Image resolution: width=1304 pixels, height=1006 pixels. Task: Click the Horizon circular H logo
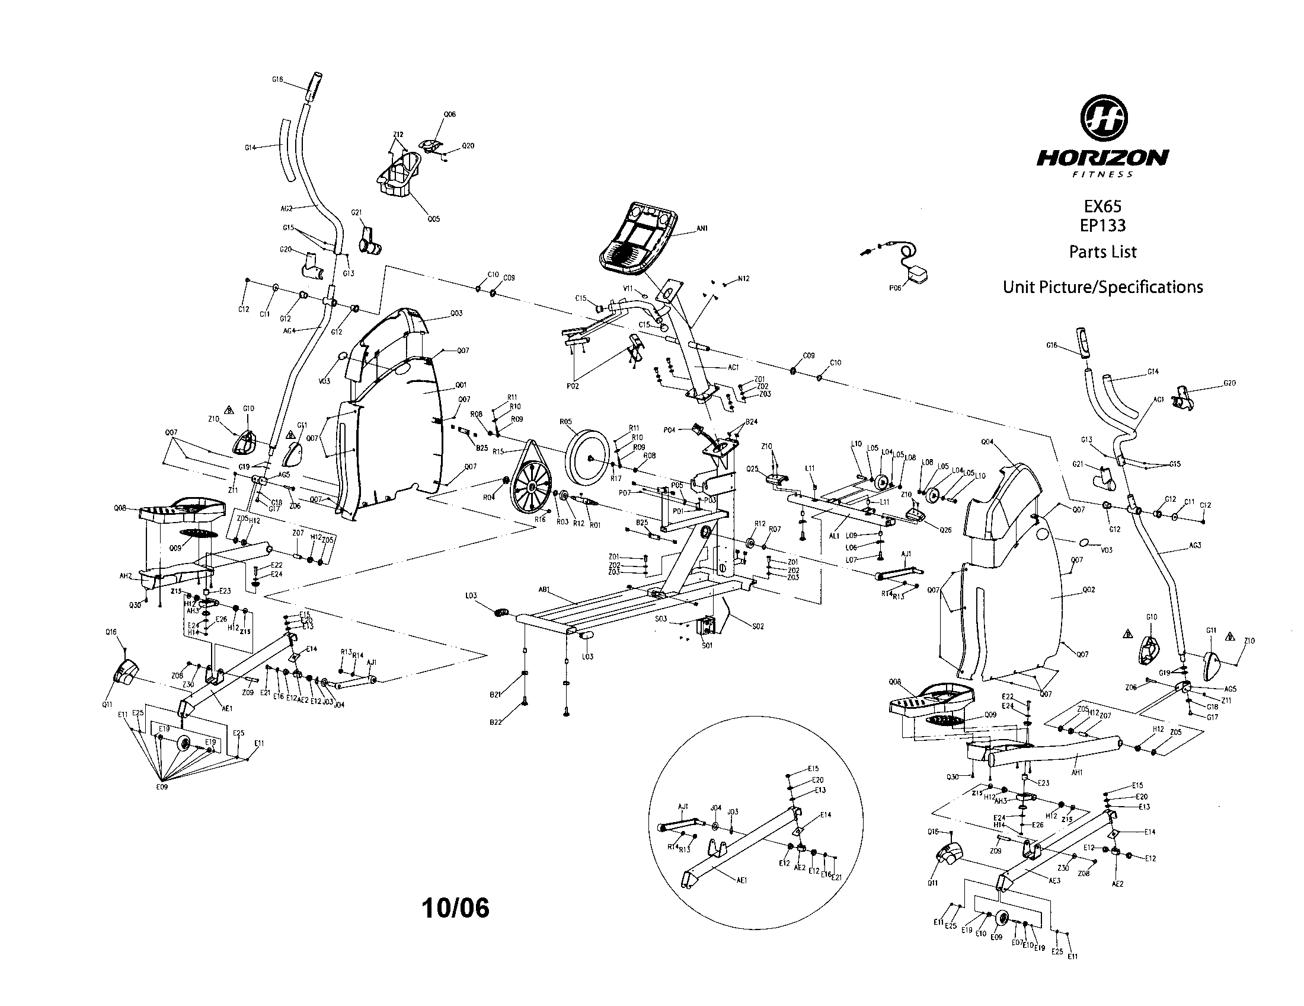point(1104,117)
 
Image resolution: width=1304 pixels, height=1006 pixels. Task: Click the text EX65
point(1103,206)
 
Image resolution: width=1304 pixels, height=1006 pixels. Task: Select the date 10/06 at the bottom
point(456,908)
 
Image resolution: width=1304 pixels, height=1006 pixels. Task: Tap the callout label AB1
point(544,589)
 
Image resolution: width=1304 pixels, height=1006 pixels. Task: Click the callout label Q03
point(456,313)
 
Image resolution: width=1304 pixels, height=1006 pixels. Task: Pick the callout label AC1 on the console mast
point(733,367)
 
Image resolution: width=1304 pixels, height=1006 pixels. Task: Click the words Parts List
point(1103,251)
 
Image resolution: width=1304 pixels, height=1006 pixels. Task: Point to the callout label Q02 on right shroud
point(1088,590)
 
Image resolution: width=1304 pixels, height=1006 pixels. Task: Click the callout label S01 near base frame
point(707,645)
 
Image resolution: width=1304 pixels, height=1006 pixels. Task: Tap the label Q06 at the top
point(450,114)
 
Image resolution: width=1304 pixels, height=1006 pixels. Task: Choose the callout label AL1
point(835,536)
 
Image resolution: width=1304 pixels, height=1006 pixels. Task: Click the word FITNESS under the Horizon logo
point(1103,174)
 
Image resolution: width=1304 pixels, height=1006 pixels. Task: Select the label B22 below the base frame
point(496,722)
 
